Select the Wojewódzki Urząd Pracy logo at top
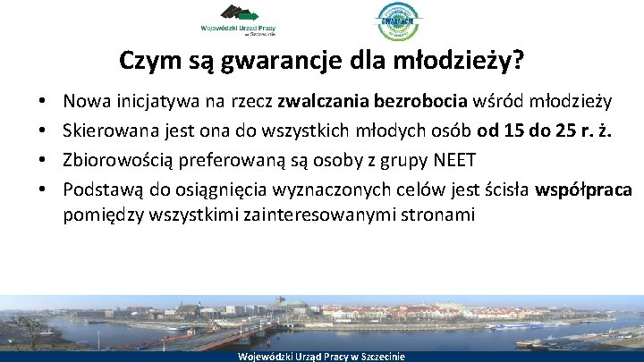tap(241, 20)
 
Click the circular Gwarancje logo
tap(398, 21)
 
